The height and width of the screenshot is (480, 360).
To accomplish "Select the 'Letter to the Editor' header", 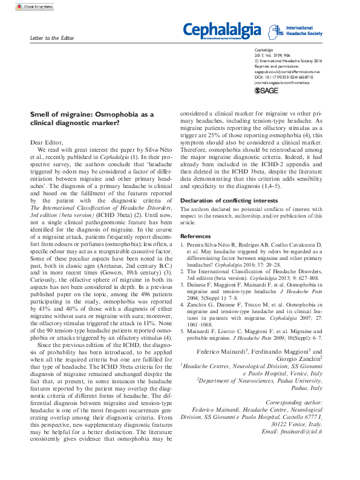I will coord(51,38).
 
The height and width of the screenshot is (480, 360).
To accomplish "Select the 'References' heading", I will coord(196,236).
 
